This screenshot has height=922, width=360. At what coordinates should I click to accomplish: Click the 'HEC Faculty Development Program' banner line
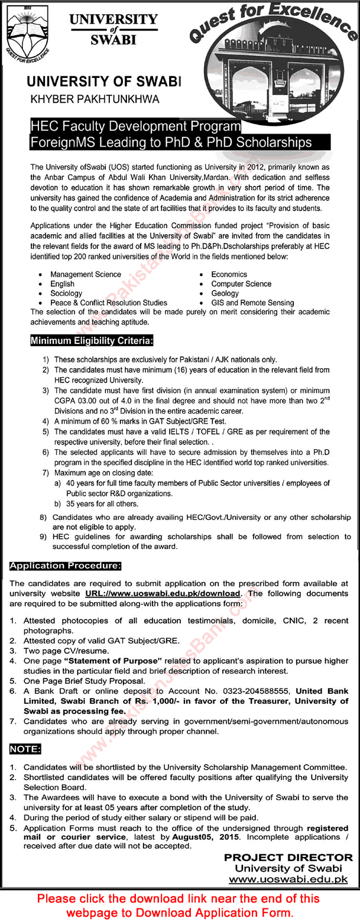[x=136, y=127]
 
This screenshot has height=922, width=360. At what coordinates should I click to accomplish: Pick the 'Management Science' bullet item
[x=86, y=274]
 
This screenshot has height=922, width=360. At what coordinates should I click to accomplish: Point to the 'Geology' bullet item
[x=225, y=293]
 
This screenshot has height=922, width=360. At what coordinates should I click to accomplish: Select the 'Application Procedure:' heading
[x=66, y=566]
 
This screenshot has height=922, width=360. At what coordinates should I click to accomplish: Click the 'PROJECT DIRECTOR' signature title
[x=288, y=858]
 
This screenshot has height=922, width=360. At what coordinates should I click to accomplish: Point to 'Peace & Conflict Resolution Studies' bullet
[x=109, y=303]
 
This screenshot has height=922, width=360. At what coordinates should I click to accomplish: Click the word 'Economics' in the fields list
[x=229, y=274]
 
